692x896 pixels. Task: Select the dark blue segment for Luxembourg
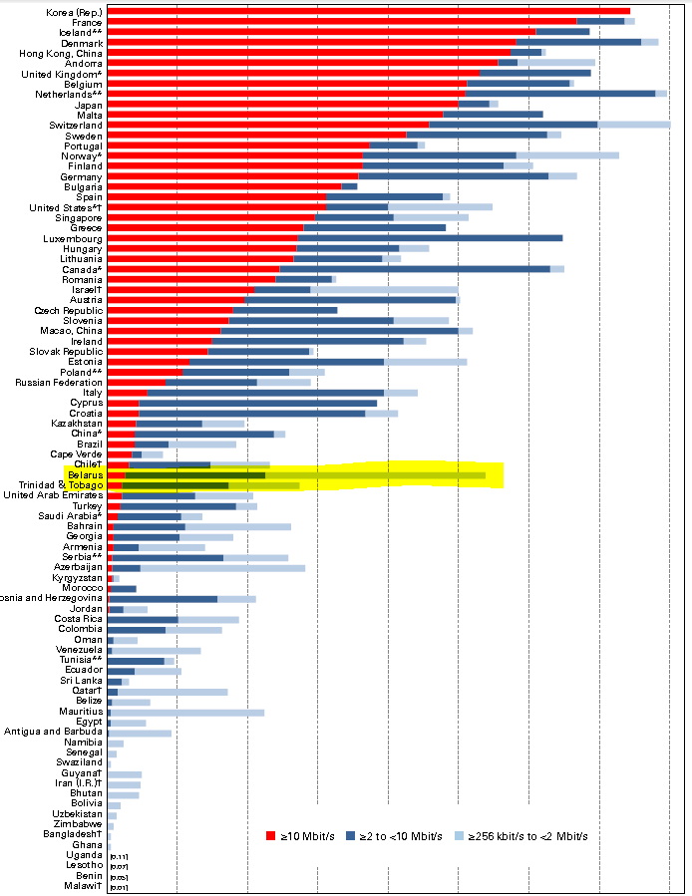coord(429,238)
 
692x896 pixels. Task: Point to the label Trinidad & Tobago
coord(61,485)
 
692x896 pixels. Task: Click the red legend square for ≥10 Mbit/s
coord(270,835)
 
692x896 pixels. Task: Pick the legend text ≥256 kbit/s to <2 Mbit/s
coord(522,835)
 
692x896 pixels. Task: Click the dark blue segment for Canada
coord(414,269)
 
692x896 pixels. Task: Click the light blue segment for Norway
coord(567,155)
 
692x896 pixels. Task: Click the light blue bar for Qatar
coord(173,691)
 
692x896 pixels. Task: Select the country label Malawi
coord(84,886)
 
